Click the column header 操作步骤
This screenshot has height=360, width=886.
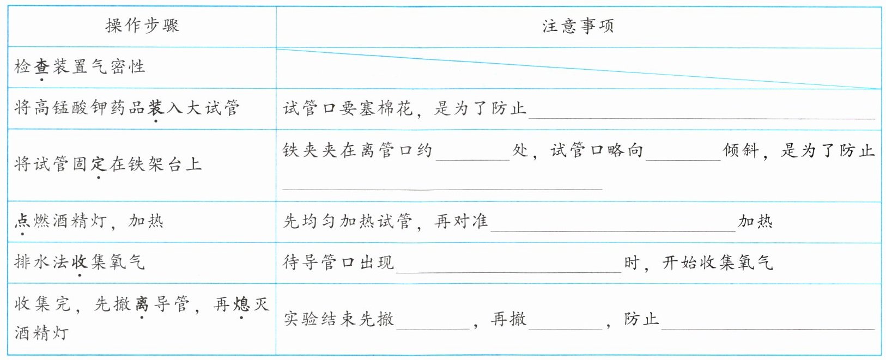(x=142, y=26)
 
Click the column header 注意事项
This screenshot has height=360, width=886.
(x=578, y=26)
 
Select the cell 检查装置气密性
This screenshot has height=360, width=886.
(x=80, y=67)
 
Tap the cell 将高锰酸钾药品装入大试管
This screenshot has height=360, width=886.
(x=126, y=108)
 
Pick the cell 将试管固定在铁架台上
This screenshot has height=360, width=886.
(x=108, y=164)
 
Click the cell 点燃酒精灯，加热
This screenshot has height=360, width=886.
(x=89, y=221)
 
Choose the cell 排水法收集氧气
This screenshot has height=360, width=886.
(x=80, y=262)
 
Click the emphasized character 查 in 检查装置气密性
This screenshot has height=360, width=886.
(x=42, y=67)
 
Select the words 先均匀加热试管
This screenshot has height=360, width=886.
(x=348, y=221)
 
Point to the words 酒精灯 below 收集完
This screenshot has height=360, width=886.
(x=42, y=332)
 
